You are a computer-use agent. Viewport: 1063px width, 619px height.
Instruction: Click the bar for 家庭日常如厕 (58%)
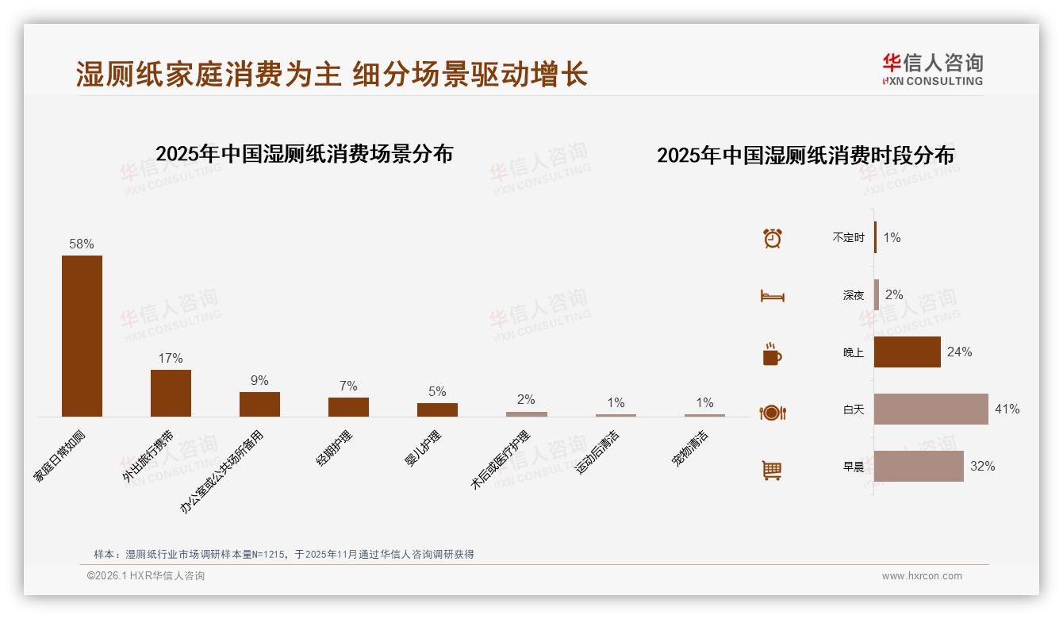tap(82, 336)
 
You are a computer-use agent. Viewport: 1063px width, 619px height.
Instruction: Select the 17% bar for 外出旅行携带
tap(171, 393)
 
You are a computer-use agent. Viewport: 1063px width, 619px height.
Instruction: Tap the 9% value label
tap(259, 380)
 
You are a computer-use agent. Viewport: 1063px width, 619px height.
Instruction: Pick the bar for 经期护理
tap(348, 407)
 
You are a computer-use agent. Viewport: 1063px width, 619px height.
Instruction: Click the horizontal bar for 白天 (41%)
tap(931, 409)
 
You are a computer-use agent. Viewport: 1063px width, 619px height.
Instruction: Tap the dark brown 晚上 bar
tap(908, 352)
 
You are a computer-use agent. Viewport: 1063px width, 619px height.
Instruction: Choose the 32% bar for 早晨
tap(919, 467)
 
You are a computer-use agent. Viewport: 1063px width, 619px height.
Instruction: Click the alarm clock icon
tap(773, 237)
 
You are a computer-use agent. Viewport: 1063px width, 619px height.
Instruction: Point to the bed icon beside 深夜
tap(773, 296)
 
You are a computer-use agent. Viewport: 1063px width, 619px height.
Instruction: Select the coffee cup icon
tap(773, 354)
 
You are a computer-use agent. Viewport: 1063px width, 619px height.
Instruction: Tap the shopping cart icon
tap(773, 470)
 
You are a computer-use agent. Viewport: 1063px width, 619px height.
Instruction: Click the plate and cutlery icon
tap(773, 412)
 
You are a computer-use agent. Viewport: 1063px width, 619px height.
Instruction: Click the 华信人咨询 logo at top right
tap(933, 69)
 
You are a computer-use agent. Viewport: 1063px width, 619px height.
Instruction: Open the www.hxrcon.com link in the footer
tap(922, 576)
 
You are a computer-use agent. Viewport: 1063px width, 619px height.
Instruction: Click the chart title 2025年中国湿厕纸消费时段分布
tap(805, 156)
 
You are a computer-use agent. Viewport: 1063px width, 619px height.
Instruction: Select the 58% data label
tap(82, 244)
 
